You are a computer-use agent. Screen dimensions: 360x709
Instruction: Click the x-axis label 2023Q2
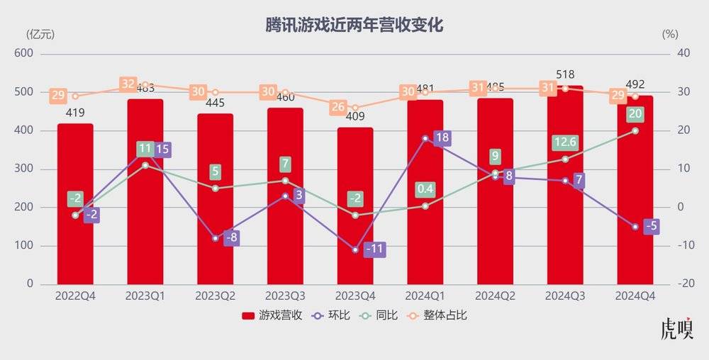click(x=216, y=296)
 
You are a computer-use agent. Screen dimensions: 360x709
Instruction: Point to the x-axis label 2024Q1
click(x=425, y=296)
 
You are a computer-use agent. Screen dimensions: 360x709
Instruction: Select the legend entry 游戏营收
click(x=272, y=315)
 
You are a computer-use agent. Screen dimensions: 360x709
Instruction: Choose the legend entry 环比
click(x=332, y=315)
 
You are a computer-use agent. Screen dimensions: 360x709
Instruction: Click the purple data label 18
click(x=441, y=138)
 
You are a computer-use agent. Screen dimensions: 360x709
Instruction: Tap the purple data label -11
click(x=374, y=249)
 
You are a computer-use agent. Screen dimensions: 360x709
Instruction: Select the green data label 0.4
click(x=425, y=189)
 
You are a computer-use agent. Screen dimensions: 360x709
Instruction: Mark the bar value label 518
click(x=565, y=74)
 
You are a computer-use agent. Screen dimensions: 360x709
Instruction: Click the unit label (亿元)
click(x=40, y=34)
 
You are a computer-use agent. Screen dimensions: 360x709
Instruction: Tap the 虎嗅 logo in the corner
click(x=676, y=330)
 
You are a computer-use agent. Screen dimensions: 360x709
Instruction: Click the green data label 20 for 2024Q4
click(x=635, y=114)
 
